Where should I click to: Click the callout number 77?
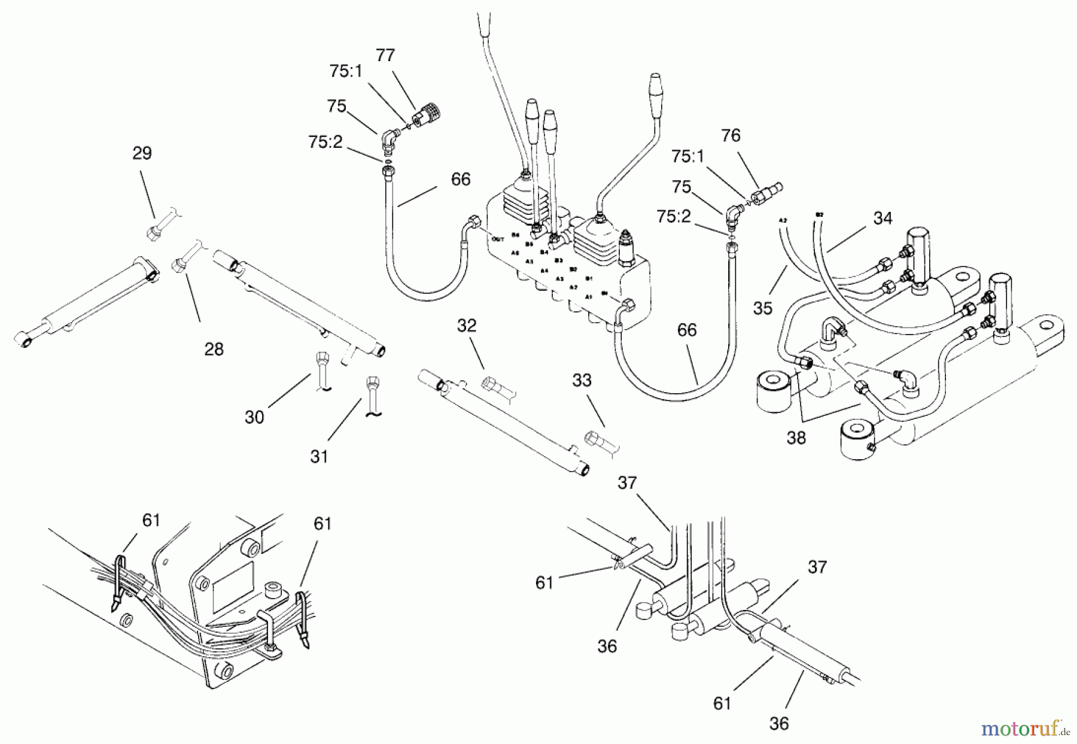385,56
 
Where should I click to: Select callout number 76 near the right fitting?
731,136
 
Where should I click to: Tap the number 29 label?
142,153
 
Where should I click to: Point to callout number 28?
214,349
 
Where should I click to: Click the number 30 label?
254,417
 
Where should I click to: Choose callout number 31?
319,457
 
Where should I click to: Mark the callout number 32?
467,326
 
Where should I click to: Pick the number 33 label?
582,380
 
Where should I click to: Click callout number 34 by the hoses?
883,218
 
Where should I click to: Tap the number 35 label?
763,308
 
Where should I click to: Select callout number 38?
796,438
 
